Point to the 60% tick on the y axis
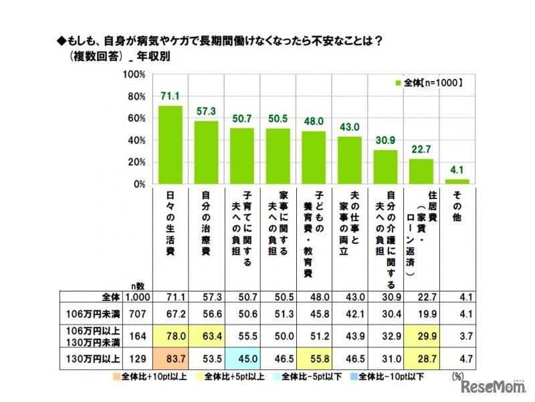[x=136, y=118]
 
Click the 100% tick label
[x=134, y=74]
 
